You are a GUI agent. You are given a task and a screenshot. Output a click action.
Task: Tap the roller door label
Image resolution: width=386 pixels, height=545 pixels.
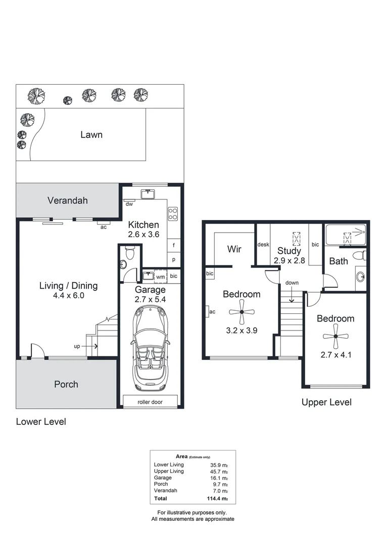pos(150,402)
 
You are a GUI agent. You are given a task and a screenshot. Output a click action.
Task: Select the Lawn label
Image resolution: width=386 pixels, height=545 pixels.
pos(91,134)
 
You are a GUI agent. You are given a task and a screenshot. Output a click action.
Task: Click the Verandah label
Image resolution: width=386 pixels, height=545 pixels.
pos(67,200)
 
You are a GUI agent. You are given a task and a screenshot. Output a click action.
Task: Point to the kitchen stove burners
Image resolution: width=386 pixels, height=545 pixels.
pos(173,214)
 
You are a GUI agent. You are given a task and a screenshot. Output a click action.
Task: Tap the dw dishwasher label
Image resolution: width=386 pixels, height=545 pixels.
pos(129,204)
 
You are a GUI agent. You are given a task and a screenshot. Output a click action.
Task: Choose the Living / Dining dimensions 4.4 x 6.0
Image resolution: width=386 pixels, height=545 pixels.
pos(68,296)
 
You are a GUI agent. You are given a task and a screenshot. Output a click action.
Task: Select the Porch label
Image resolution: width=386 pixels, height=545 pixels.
pos(66,384)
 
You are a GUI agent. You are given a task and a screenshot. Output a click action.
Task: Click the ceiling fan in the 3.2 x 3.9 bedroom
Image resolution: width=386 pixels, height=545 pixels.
pos(242,312)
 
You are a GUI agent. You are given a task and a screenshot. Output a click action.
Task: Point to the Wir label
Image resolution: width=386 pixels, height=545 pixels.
pos(234,249)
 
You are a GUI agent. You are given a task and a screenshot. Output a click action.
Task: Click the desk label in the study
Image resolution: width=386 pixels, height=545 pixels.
pos(263,245)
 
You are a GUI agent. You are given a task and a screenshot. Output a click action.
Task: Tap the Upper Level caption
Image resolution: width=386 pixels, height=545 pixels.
pos(326,402)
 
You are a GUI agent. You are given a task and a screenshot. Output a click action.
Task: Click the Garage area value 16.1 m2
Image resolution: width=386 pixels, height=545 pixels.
pos(220,477)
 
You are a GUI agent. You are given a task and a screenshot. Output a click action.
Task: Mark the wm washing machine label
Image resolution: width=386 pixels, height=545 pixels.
pos(160,277)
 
